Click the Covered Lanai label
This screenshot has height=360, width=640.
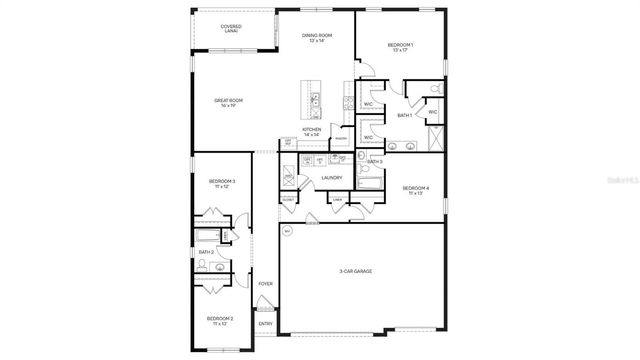pyautogui.click(x=230, y=29)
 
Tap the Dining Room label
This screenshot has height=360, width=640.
pyautogui.click(x=317, y=38)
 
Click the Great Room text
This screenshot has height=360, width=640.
pyautogui.click(x=229, y=102)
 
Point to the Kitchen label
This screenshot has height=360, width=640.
pyautogui.click(x=312, y=131)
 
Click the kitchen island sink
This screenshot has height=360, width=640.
pyautogui.click(x=315, y=100)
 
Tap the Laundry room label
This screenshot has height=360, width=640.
pyautogui.click(x=332, y=178)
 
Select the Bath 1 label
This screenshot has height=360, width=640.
pyautogui.click(x=405, y=116)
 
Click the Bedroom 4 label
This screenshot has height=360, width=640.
pyautogui.click(x=416, y=190)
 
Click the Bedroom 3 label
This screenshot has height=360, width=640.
pyautogui.click(x=221, y=183)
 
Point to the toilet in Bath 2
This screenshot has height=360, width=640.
pyautogui.click(x=202, y=265)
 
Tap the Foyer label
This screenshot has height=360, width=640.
pyautogui.click(x=265, y=284)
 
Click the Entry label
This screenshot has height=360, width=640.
pyautogui.click(x=265, y=324)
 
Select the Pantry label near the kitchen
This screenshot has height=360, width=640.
pyautogui.click(x=341, y=139)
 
